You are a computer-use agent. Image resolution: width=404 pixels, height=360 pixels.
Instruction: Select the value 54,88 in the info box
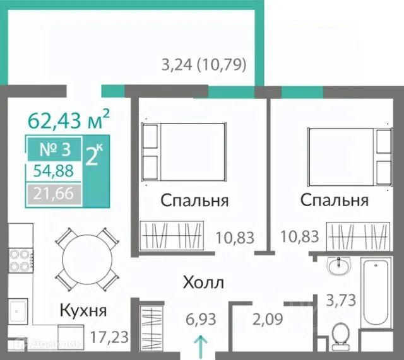pos(53,170)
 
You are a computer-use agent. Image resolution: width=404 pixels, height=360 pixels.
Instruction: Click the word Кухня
pos(83,310)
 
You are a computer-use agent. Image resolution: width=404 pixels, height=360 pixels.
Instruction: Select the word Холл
pos(203,282)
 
